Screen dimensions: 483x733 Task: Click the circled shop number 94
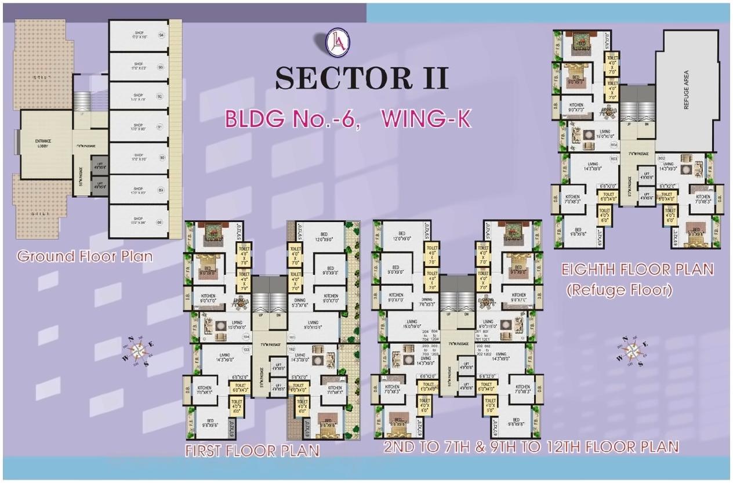[161, 35]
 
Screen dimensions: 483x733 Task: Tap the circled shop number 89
[161, 189]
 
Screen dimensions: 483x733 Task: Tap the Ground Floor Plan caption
[85, 256]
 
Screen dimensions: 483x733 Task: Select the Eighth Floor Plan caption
[637, 270]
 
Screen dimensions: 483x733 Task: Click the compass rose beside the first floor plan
[138, 350]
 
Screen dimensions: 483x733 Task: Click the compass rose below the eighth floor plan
[632, 350]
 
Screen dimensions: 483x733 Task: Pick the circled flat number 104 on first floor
[246, 336]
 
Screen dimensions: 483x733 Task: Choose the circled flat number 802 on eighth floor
[662, 157]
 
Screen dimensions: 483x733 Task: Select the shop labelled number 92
[139, 97]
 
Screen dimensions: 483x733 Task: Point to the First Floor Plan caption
[252, 451]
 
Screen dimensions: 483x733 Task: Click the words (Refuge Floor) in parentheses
[619, 289]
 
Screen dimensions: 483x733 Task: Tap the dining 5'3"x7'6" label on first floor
[300, 303]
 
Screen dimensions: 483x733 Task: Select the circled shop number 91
[161, 126]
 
